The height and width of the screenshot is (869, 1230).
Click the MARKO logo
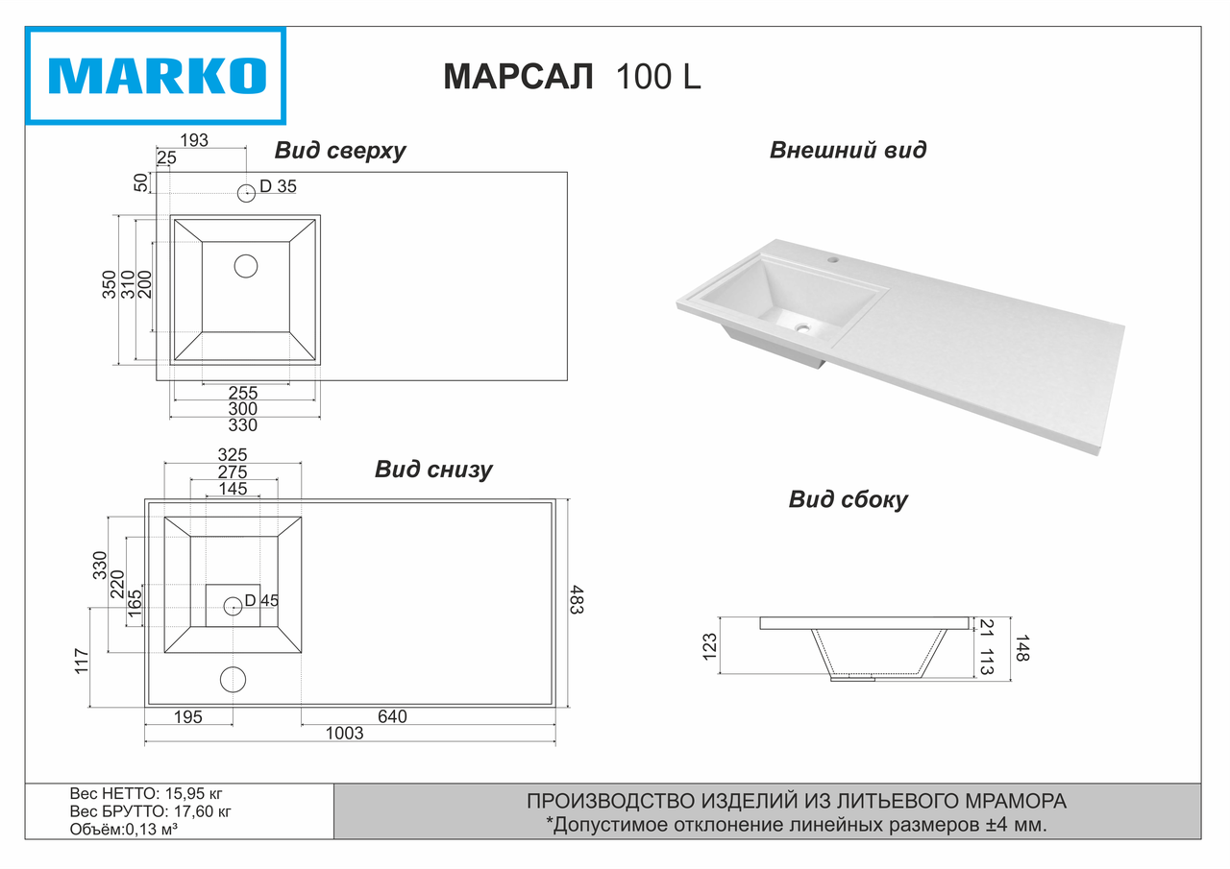[156, 76]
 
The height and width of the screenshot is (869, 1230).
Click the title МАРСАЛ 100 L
[572, 77]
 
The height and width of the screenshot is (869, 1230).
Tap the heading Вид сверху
[340, 151]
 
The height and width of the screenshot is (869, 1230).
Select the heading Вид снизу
[433, 470]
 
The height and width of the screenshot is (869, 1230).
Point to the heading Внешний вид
[848, 150]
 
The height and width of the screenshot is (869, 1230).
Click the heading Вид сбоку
[848, 499]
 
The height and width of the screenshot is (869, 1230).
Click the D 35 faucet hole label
[278, 187]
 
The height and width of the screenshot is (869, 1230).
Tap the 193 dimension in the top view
[194, 140]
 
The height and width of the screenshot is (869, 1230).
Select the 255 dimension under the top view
[243, 393]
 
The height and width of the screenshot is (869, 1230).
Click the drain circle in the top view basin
[246, 266]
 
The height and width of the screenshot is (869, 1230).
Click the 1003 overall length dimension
[345, 734]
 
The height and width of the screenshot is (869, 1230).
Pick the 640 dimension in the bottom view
[392, 716]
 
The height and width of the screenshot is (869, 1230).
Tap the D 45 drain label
[261, 601]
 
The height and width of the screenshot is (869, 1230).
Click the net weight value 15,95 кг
[194, 794]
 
